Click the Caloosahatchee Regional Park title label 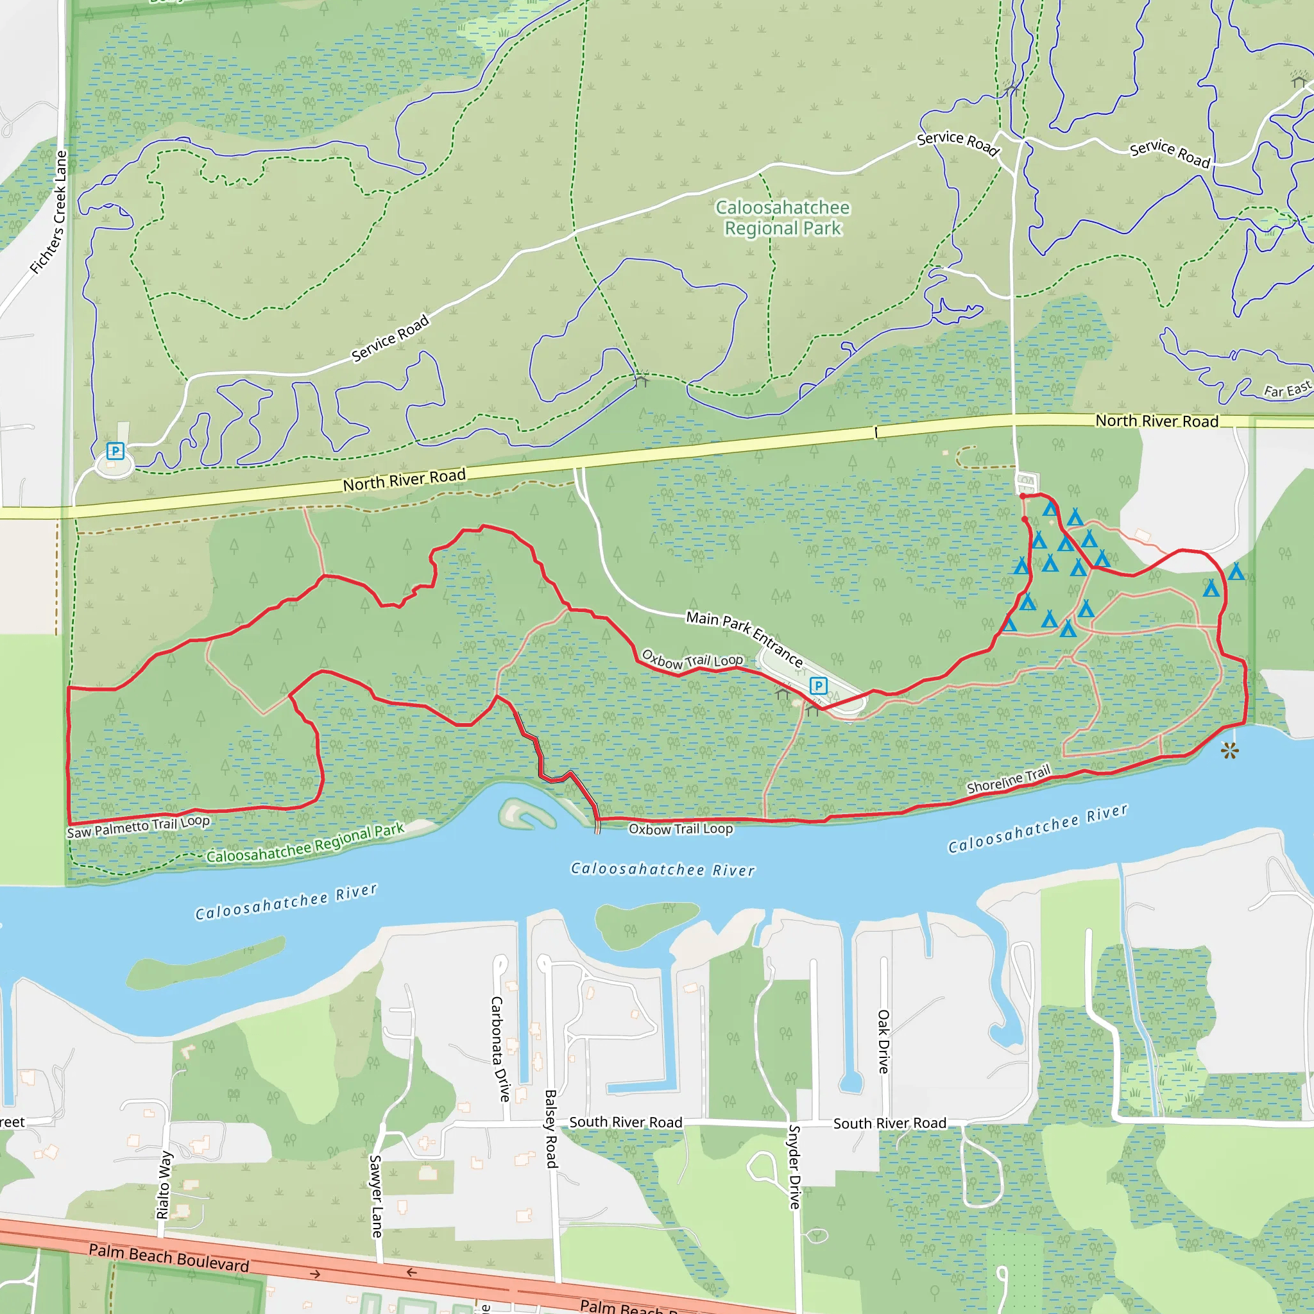(782, 218)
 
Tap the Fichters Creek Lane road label (50, 212)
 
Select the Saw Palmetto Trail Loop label (138, 826)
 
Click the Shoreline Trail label (1009, 780)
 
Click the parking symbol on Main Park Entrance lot (818, 686)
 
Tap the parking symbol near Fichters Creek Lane (115, 450)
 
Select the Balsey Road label (551, 1129)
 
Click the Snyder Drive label (794, 1167)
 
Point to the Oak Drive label (883, 1041)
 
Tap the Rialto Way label (164, 1185)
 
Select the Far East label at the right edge (1287, 389)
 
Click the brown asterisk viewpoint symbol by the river (1229, 751)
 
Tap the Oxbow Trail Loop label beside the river (680, 829)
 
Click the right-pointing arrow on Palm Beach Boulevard (315, 1274)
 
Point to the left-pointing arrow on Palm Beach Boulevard (411, 1272)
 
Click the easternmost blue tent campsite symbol (1236, 572)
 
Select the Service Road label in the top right (1170, 153)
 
